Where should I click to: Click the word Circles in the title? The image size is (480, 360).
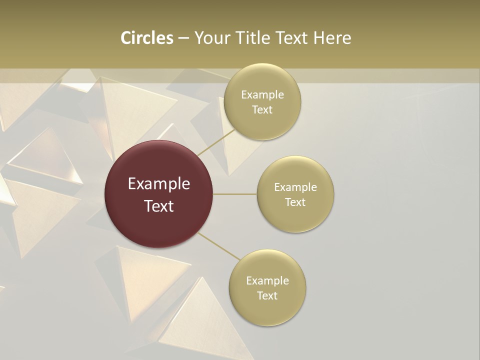click(146, 38)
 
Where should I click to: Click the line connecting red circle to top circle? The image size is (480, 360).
click(216, 142)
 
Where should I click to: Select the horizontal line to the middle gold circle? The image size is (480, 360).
click(235, 194)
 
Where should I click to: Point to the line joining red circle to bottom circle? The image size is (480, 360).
click(219, 246)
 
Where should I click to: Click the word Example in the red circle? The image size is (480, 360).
click(159, 184)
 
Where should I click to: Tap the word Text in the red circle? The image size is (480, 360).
click(159, 205)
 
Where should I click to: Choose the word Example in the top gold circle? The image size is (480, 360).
click(262, 95)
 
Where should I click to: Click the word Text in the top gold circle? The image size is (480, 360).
click(262, 109)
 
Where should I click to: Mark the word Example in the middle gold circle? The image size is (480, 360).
click(295, 187)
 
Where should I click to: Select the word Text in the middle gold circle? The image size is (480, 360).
click(295, 202)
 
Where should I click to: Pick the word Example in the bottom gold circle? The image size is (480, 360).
click(267, 281)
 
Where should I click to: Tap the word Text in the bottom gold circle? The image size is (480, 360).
click(267, 295)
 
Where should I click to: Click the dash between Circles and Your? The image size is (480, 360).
click(183, 38)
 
